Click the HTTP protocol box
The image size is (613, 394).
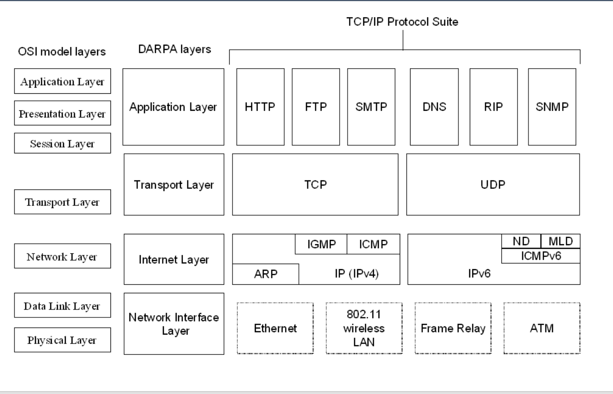[260, 107]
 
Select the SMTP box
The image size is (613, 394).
[371, 107]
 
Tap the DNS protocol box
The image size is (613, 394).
[434, 107]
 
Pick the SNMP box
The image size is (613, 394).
[552, 107]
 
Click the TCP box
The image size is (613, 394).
[315, 185]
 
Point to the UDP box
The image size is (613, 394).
[493, 185]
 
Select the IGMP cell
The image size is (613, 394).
[321, 244]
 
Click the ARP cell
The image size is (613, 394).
[265, 274]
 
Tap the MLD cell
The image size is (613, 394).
[560, 241]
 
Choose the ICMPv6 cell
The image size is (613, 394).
[541, 256]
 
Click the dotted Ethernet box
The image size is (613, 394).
[275, 328]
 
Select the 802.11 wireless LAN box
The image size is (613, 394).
[364, 328]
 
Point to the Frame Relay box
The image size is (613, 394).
[453, 328]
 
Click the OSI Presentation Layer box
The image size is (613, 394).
[62, 113]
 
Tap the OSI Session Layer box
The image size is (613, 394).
[62, 143]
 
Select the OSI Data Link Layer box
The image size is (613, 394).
[62, 305]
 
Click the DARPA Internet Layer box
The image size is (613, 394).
[174, 259]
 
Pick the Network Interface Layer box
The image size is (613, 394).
[174, 324]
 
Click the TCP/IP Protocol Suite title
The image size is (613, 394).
[402, 22]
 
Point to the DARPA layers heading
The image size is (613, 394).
[174, 49]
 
